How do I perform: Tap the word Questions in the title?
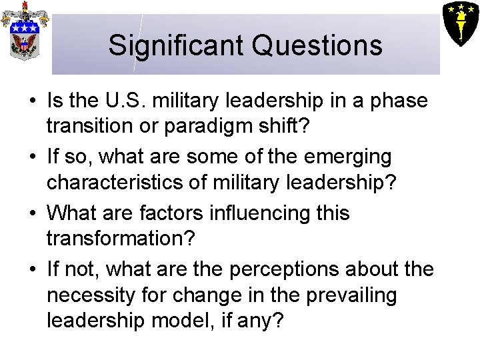click(317, 45)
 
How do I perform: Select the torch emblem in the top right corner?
click(460, 22)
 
